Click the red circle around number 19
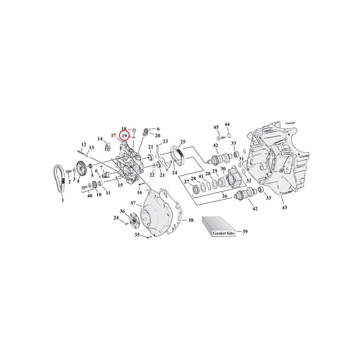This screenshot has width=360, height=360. click(x=125, y=131)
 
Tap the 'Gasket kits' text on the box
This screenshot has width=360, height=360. click(x=223, y=233)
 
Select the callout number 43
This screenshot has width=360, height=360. click(x=284, y=207)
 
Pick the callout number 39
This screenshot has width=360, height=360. click(x=245, y=231)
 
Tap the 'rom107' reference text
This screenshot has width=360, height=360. click(x=290, y=123)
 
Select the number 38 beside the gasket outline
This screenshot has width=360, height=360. click(x=191, y=220)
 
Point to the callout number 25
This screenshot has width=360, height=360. click(x=183, y=142)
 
